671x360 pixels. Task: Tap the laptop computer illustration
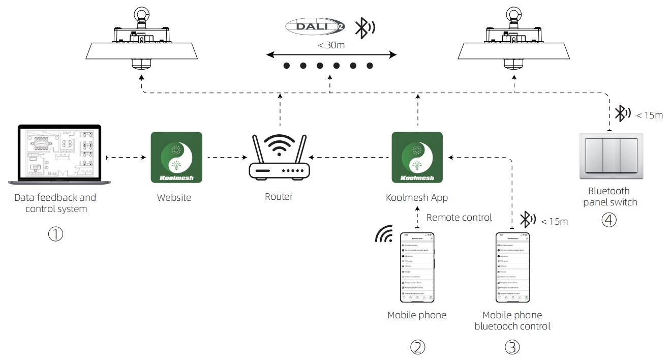coord(55,154)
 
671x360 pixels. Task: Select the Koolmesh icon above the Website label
coord(176,157)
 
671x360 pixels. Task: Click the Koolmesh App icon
coord(417,157)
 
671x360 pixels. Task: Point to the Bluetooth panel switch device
coord(611,156)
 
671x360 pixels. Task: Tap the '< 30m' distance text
coord(331,45)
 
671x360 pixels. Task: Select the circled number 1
coord(55,234)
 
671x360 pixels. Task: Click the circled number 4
coord(609,220)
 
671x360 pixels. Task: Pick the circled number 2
coord(417,347)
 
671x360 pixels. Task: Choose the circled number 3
coord(512,347)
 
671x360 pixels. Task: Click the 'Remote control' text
coord(459,218)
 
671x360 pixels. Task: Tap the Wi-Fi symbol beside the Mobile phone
coord(384,233)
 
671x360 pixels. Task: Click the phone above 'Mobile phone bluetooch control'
coord(512,267)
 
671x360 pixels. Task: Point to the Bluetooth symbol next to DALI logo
coord(363,28)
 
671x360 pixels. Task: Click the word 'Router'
coord(279,197)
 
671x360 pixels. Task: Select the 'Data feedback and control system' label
coord(55,203)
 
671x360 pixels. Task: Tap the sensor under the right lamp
coord(512,64)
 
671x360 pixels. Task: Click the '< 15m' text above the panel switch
coord(649,115)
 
